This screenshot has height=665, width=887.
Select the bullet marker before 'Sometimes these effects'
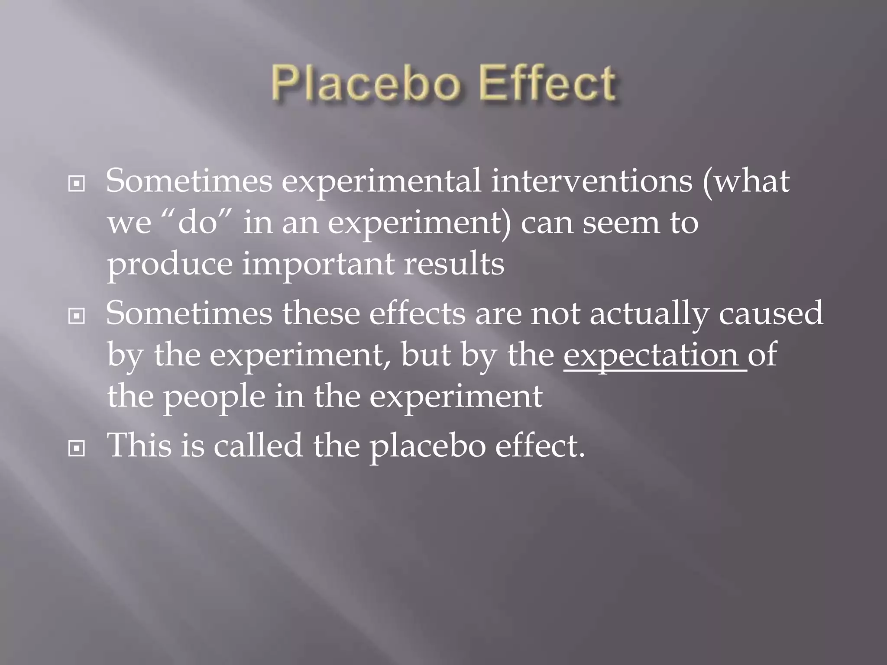pyautogui.click(x=77, y=316)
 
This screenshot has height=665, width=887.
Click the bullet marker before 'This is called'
pyautogui.click(x=77, y=449)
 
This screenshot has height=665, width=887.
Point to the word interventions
pyautogui.click(x=591, y=181)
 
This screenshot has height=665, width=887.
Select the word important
pyautogui.click(x=318, y=264)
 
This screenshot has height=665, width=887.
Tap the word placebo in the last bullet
pyautogui.click(x=427, y=446)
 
